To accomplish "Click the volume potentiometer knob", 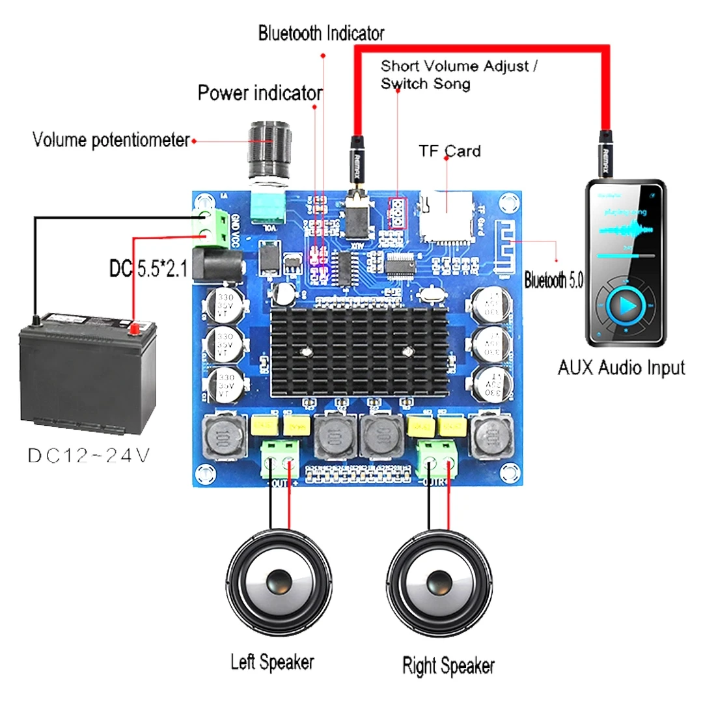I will (x=269, y=145).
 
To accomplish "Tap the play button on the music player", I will (x=626, y=305).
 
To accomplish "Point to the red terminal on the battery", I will (x=135, y=327).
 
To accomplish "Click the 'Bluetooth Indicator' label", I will (x=321, y=33).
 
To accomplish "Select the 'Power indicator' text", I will (x=260, y=93).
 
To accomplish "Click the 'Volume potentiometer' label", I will (x=111, y=140).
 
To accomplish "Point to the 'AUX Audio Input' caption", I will (x=621, y=368).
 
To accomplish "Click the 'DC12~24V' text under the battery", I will (x=89, y=455).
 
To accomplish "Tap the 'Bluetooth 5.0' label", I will (x=554, y=281).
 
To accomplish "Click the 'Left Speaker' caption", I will (x=272, y=663).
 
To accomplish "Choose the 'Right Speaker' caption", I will (x=448, y=665).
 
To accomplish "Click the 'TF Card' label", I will (x=450, y=152).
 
